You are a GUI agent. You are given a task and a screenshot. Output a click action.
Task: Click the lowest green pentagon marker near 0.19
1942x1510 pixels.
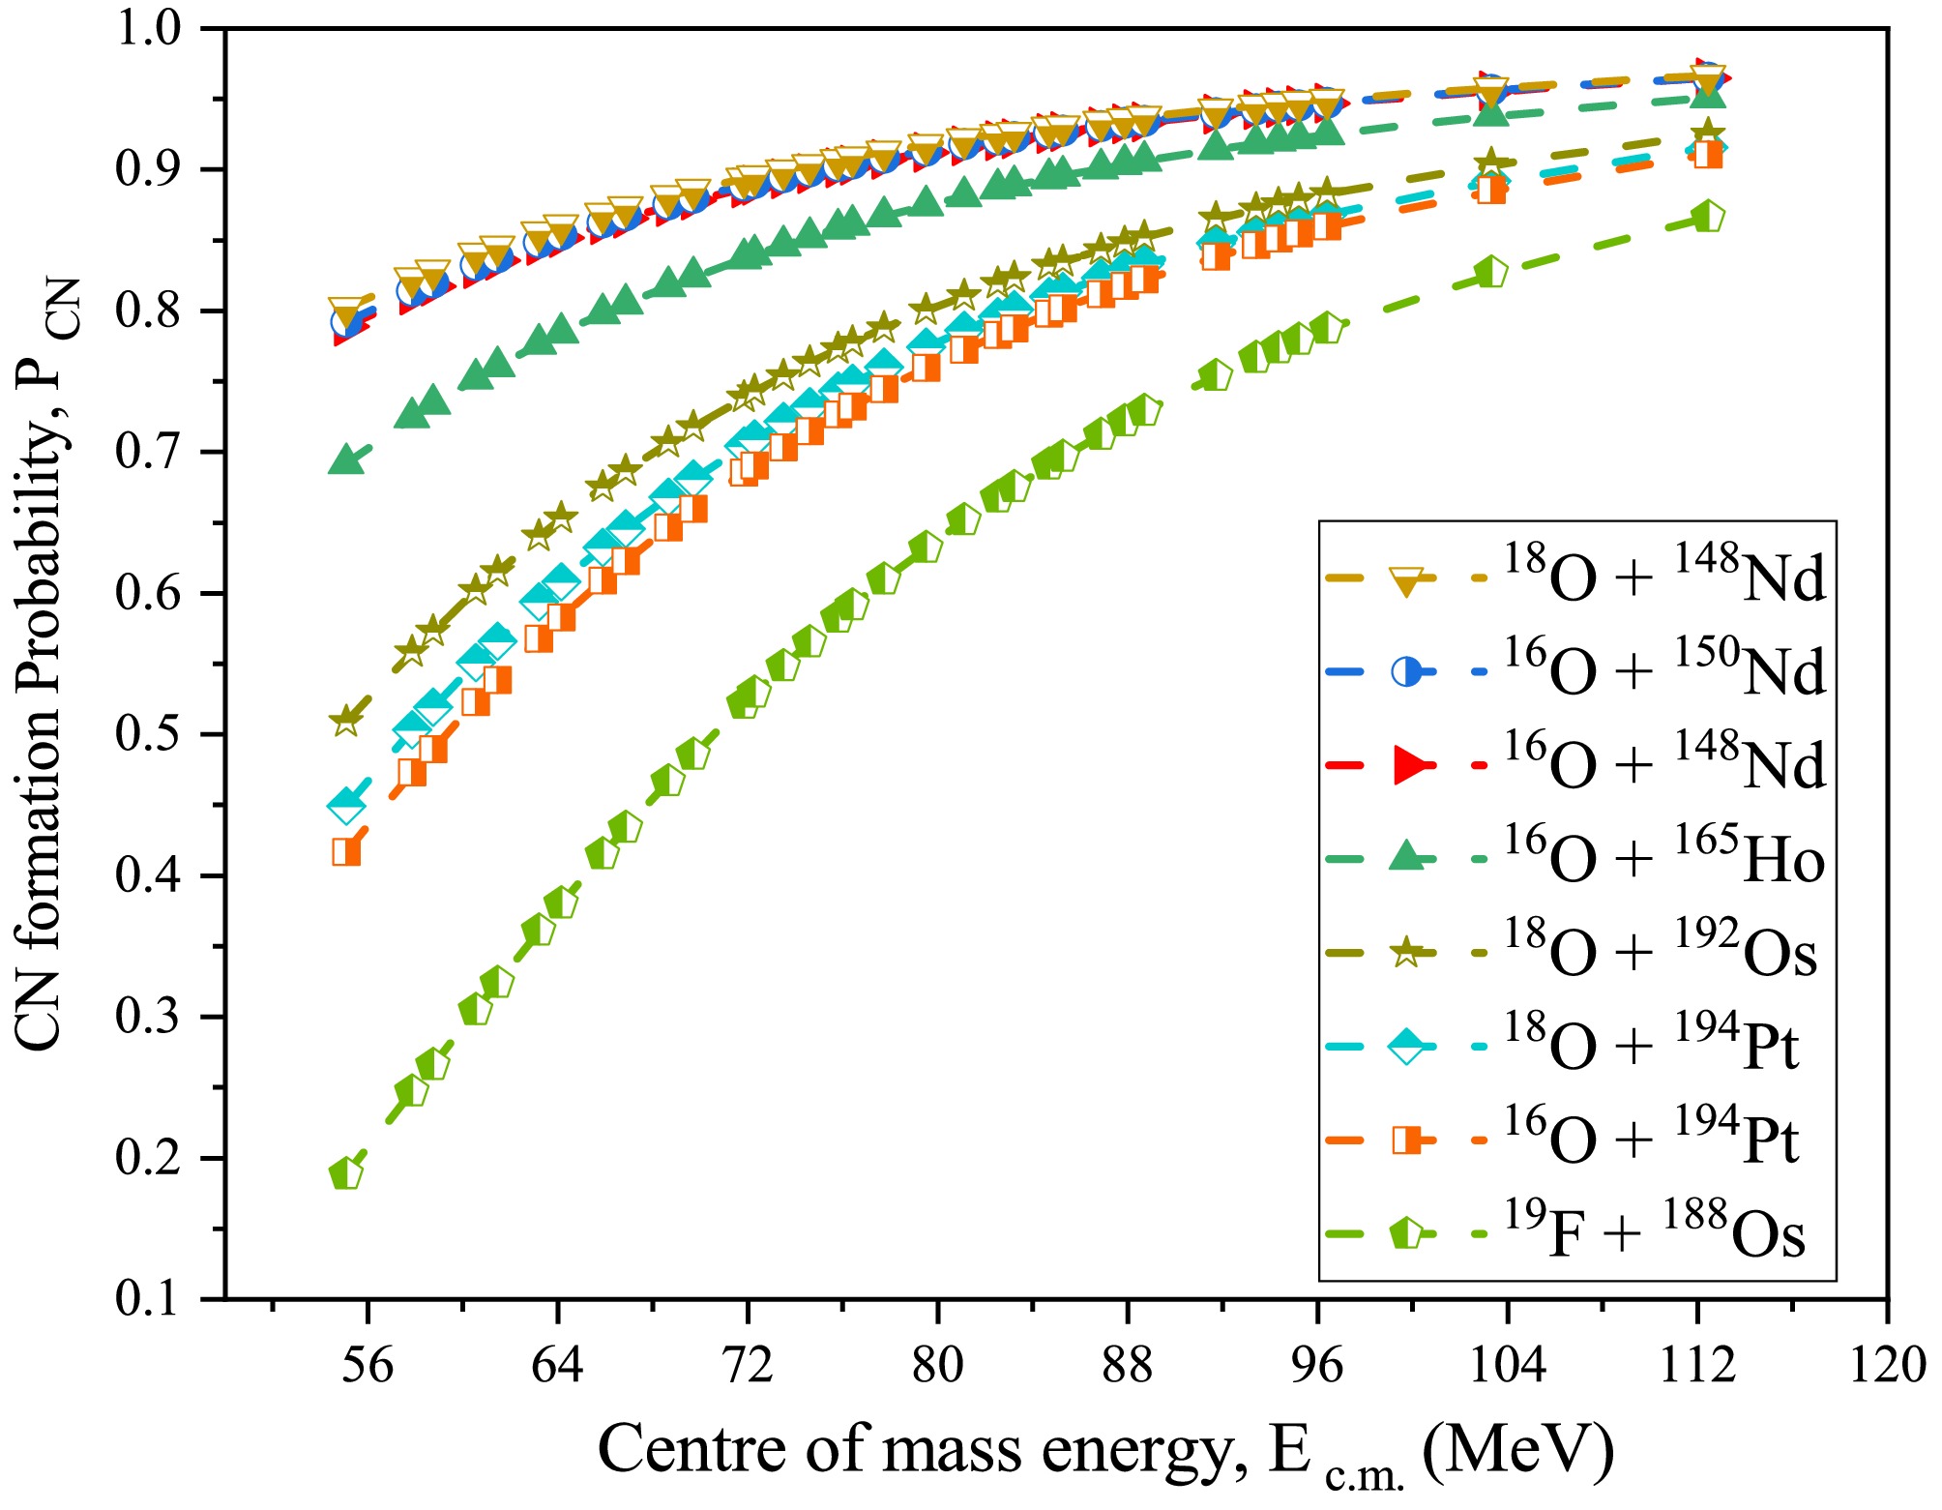345,1173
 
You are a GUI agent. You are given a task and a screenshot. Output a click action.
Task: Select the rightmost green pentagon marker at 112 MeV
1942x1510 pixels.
1708,217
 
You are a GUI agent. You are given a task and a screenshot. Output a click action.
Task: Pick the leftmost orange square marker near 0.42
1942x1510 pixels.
346,852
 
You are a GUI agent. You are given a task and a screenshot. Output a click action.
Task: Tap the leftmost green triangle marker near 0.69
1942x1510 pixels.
345,460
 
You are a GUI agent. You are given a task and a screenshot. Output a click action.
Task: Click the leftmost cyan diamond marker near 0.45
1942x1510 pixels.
345,804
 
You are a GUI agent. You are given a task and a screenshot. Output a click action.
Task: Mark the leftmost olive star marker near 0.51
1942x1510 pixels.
345,721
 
